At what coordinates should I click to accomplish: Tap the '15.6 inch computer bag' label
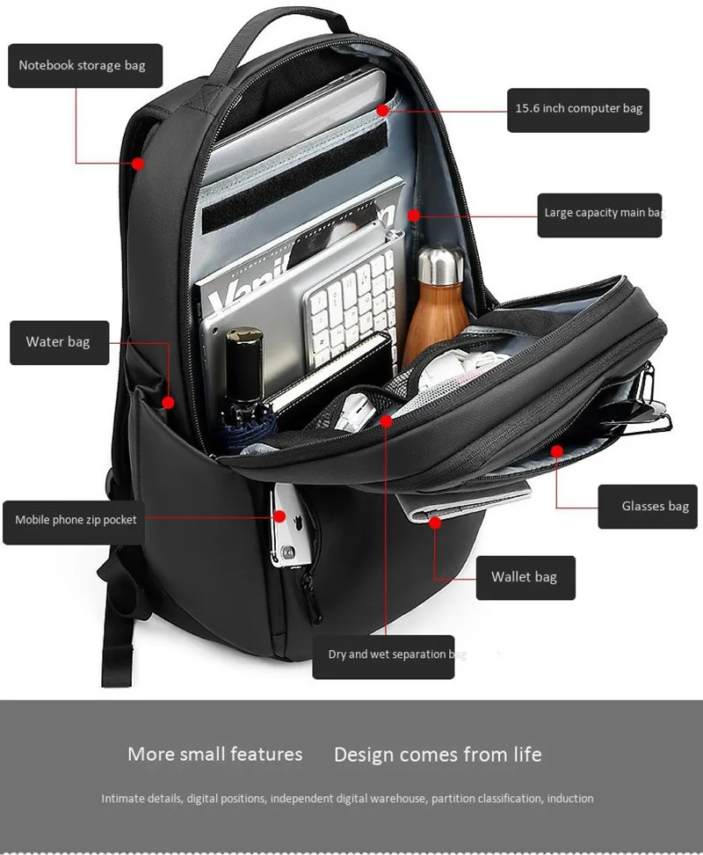578,109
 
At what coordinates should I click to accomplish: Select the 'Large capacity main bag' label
600,214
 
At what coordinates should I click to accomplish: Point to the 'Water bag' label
58,342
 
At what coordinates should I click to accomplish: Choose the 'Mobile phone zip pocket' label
76,521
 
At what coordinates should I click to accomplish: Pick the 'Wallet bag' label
524,578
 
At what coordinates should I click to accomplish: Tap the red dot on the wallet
435,523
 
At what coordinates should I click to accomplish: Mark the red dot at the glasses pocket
556,451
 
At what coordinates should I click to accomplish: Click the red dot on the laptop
382,109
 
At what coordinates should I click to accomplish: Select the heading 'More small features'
214,755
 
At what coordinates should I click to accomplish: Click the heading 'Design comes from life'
438,755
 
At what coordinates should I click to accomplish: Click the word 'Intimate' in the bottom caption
121,799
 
